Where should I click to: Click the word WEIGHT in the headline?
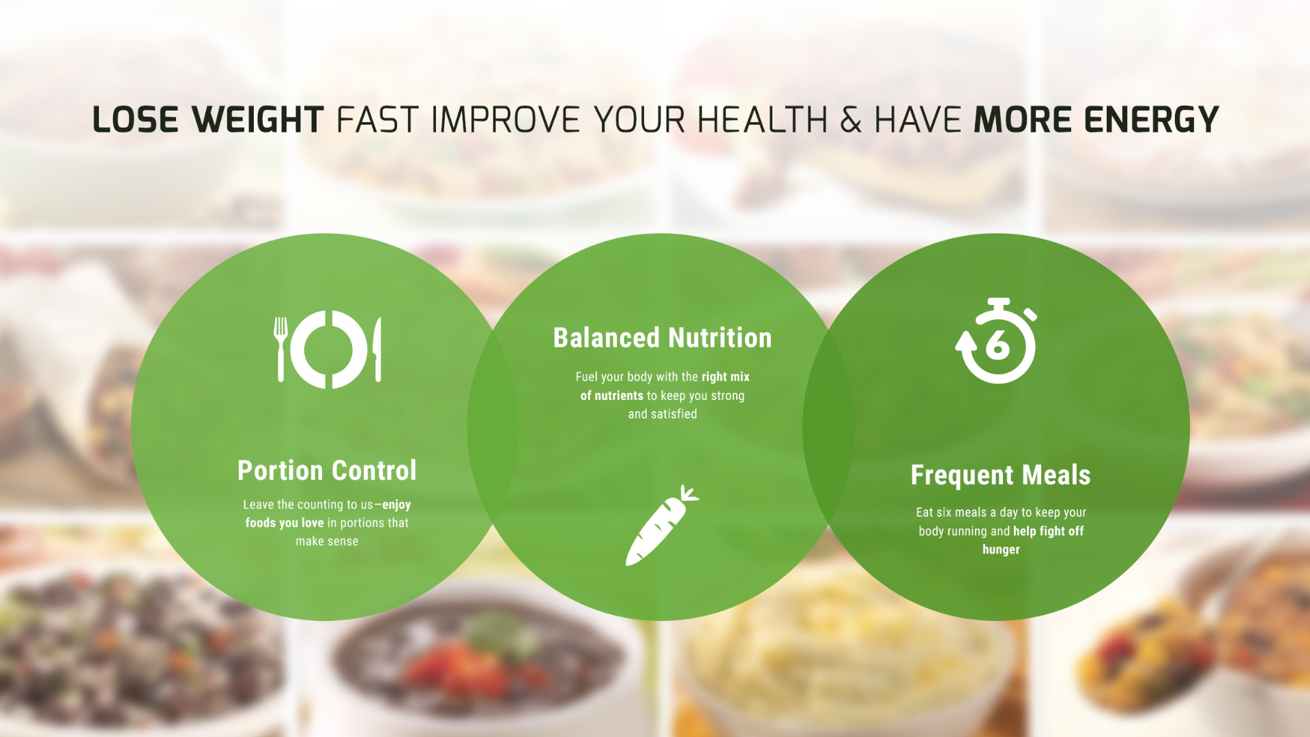257,120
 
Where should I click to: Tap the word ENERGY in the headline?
1151,120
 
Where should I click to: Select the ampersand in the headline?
851,120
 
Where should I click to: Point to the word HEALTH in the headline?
762,120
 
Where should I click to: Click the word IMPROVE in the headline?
506,120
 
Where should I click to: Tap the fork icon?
280,349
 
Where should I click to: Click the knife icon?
377,349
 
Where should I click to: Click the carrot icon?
662,525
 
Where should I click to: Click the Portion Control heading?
327,470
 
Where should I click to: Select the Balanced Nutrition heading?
663,338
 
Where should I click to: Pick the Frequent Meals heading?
1001,475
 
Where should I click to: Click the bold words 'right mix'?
725,377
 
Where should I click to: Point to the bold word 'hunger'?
1001,549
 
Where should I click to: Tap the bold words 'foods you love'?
285,523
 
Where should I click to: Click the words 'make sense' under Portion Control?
327,541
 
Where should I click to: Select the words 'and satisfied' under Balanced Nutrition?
663,414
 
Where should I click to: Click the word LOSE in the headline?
135,120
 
